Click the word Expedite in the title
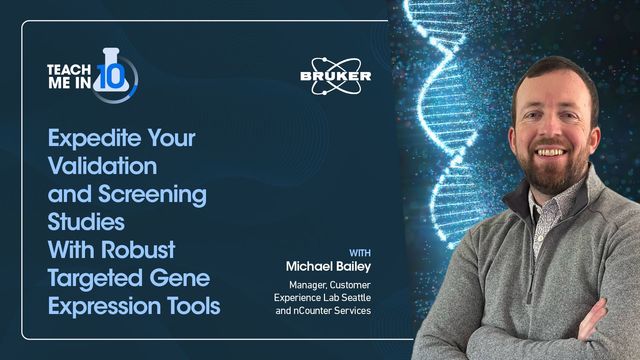coord(91,137)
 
